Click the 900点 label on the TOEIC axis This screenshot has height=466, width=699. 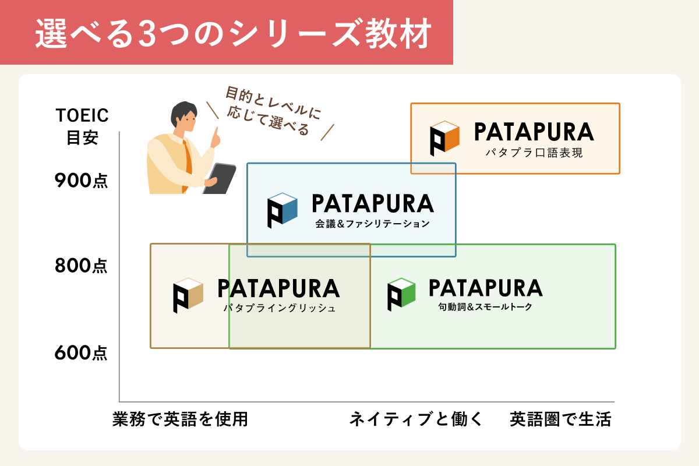click(81, 181)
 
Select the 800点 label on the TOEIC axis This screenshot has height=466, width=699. click(81, 266)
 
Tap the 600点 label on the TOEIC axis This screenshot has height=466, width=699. click(81, 353)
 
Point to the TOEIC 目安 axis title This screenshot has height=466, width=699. click(82, 126)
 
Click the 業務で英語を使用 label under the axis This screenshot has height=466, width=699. click(180, 419)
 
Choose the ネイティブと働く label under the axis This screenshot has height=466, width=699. click(416, 419)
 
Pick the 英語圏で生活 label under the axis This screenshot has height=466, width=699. click(560, 419)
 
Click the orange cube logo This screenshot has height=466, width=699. click(444, 138)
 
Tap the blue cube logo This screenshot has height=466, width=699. click(283, 210)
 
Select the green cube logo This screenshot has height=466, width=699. click(401, 294)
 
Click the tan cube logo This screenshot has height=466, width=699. click(188, 295)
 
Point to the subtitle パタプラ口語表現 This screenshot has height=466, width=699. click(534, 153)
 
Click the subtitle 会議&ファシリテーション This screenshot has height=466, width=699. click(373, 224)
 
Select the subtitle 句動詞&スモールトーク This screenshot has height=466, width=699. click(485, 307)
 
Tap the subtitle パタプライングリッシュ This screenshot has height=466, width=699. click(280, 308)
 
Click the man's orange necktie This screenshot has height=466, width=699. click(187, 164)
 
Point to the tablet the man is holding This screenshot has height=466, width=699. click(220, 178)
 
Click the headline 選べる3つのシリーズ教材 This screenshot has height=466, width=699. click(234, 33)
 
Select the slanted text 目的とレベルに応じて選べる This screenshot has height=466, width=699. click(273, 111)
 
